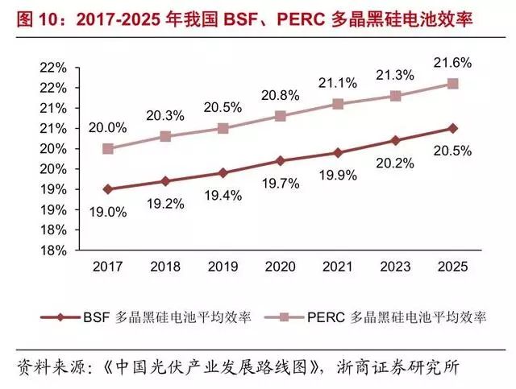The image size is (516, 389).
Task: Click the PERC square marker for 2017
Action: click(108, 149)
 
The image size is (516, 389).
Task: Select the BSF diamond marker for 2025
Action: click(453, 128)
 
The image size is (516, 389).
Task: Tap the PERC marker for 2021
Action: click(338, 104)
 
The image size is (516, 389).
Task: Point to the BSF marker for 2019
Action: click(223, 172)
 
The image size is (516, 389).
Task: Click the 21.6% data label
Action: click(453, 62)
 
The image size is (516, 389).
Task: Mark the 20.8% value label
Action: click(281, 95)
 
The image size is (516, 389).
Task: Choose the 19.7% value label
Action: click(281, 183)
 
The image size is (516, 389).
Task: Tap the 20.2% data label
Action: click(396, 163)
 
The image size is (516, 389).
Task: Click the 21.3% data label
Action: click(396, 75)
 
